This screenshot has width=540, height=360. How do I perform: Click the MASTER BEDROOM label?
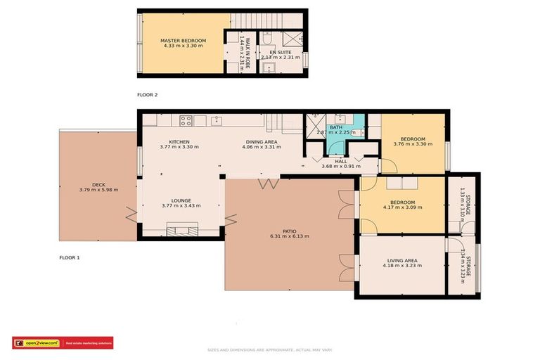coord(183,41)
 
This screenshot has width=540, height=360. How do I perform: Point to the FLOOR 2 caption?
coord(147,94)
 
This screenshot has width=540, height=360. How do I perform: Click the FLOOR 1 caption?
coord(69,258)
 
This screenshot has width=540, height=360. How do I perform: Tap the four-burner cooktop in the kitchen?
coord(186,120)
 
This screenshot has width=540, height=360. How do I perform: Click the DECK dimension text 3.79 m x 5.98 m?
coord(98,190)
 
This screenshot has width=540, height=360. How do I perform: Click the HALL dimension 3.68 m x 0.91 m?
coord(341,166)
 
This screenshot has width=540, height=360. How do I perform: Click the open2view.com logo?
coord(36,343)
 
